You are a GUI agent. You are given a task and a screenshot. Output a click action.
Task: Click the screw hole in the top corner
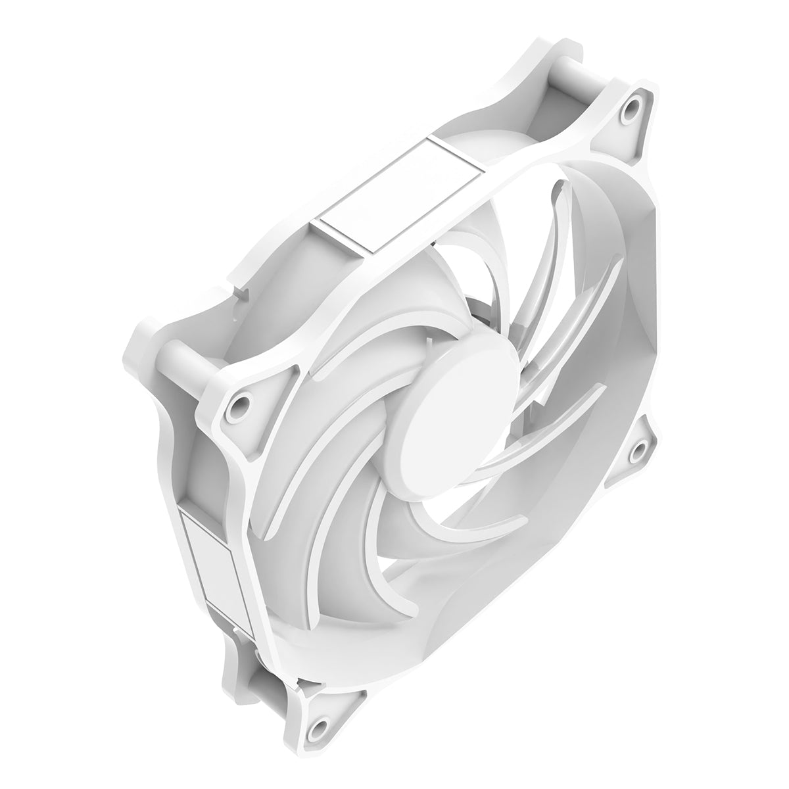(633, 105)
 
